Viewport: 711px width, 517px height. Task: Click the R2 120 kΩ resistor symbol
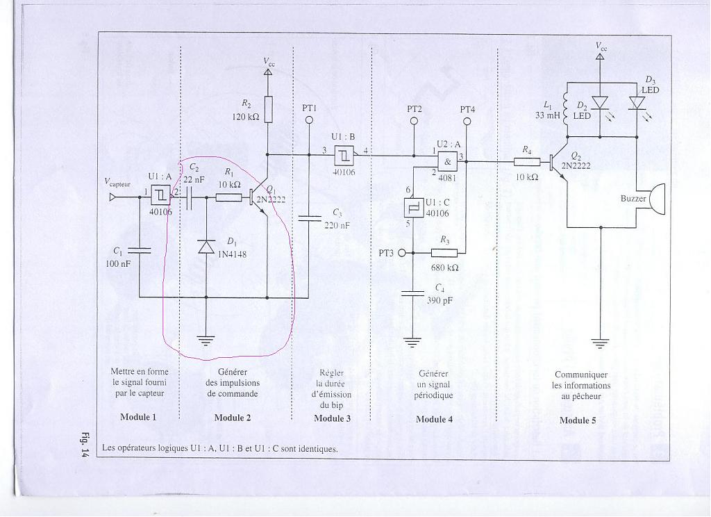[268, 108]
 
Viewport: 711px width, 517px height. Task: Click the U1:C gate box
[413, 208]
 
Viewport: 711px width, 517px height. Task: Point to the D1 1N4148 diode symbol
[206, 247]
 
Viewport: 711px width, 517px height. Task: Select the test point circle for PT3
[401, 253]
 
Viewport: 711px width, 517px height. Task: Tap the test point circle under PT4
[467, 121]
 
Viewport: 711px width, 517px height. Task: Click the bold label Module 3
[332, 418]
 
